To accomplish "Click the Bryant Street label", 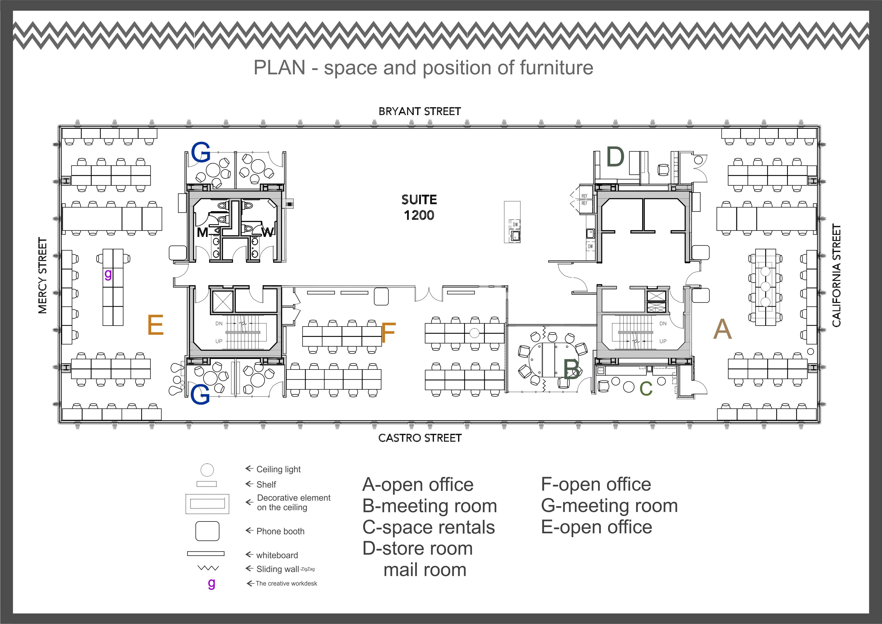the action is [419, 112].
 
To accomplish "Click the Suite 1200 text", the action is [419, 207].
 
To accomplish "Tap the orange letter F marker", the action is [388, 333].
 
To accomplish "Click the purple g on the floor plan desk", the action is [108, 274].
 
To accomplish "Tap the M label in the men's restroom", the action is [202, 232].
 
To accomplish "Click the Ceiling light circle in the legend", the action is [207, 469].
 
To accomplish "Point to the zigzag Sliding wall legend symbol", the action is [208, 568].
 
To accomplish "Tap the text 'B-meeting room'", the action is [429, 506].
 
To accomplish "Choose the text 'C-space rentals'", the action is [429, 527].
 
